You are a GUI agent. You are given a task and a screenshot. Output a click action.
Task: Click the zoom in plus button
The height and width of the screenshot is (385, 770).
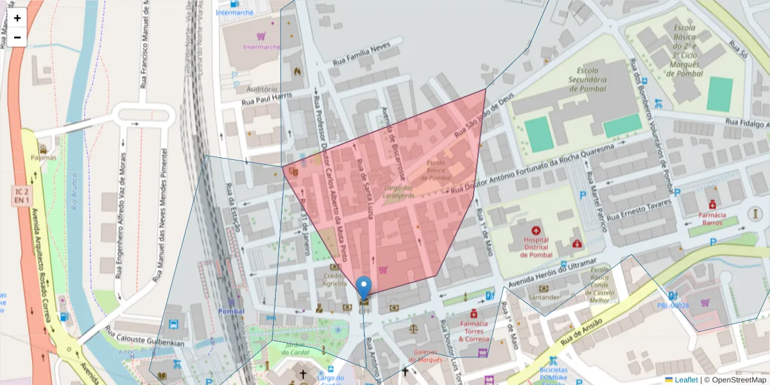pos(17,18)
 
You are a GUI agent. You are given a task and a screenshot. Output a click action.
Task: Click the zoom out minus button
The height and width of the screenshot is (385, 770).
pos(17,37)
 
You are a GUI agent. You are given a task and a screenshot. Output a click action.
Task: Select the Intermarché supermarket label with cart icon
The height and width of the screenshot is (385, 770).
pos(261,46)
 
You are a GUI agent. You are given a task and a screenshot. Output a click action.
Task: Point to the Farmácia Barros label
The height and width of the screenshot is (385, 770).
pos(712,218)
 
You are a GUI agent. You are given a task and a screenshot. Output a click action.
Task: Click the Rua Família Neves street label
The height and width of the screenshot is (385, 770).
pos(361,55)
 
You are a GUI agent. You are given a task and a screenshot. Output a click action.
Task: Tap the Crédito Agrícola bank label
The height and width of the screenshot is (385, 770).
pos(334,279)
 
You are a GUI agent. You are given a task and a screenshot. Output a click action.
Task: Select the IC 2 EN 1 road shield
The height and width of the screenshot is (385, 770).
pos(21,196)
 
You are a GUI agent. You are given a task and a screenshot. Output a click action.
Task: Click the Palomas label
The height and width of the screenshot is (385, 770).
pos(43,157)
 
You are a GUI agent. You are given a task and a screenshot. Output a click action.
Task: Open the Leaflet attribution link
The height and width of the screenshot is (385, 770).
pos(686,380)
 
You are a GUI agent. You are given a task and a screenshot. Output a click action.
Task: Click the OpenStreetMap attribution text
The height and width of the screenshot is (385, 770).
pos(739,380)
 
